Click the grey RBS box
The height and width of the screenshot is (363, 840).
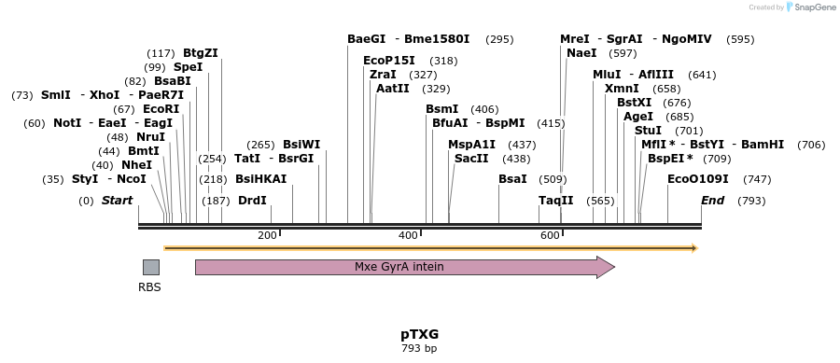(150, 267)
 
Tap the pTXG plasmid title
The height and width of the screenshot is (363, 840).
(419, 333)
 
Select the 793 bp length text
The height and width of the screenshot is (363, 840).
(419, 348)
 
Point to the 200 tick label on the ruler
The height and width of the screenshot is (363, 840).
(267, 235)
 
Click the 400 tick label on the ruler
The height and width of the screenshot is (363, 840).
(408, 235)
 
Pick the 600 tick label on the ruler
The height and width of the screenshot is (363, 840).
(550, 235)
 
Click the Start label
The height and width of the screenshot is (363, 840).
(117, 201)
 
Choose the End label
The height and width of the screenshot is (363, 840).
(712, 201)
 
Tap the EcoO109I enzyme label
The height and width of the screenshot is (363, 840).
(698, 178)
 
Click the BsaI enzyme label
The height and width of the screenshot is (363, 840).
(512, 178)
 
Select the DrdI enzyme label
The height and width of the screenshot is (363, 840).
(252, 201)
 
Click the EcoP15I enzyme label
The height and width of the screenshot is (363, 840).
(389, 61)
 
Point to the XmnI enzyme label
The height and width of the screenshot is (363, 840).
(622, 89)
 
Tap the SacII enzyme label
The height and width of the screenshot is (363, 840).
(471, 159)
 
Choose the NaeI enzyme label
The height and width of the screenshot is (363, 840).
(581, 53)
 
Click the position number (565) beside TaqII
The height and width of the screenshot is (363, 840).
(600, 201)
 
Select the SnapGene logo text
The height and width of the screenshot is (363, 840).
(812, 7)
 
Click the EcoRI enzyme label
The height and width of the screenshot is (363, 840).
(161, 109)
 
